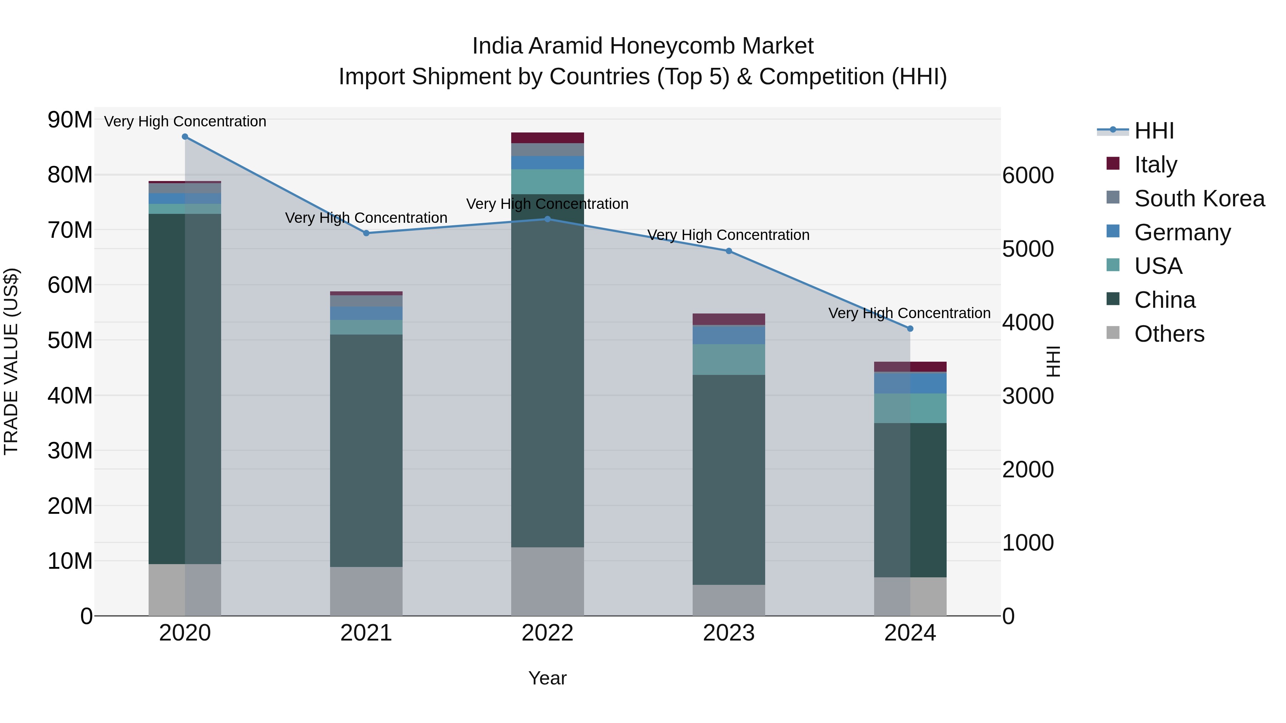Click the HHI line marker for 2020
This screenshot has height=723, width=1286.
tap(185, 137)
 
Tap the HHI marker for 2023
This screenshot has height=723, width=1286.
tap(728, 251)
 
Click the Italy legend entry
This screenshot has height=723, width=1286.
tap(1155, 165)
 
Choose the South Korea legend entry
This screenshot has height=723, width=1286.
tap(1199, 199)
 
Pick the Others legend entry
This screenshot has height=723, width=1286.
tap(1169, 334)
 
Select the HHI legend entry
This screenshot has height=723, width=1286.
tap(1154, 131)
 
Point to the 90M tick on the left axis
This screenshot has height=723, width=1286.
tap(70, 120)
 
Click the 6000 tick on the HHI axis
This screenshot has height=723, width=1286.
tap(1028, 175)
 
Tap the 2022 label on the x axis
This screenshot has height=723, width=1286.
tap(547, 633)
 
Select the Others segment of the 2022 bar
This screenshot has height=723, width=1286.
tap(547, 581)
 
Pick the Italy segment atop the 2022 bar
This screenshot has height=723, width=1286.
tap(547, 138)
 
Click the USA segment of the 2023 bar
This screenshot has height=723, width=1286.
tap(728, 359)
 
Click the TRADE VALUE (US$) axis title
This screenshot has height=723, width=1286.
tap(11, 361)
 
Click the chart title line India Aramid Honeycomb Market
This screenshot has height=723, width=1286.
tap(643, 46)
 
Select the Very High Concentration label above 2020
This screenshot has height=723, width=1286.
tap(185, 121)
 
